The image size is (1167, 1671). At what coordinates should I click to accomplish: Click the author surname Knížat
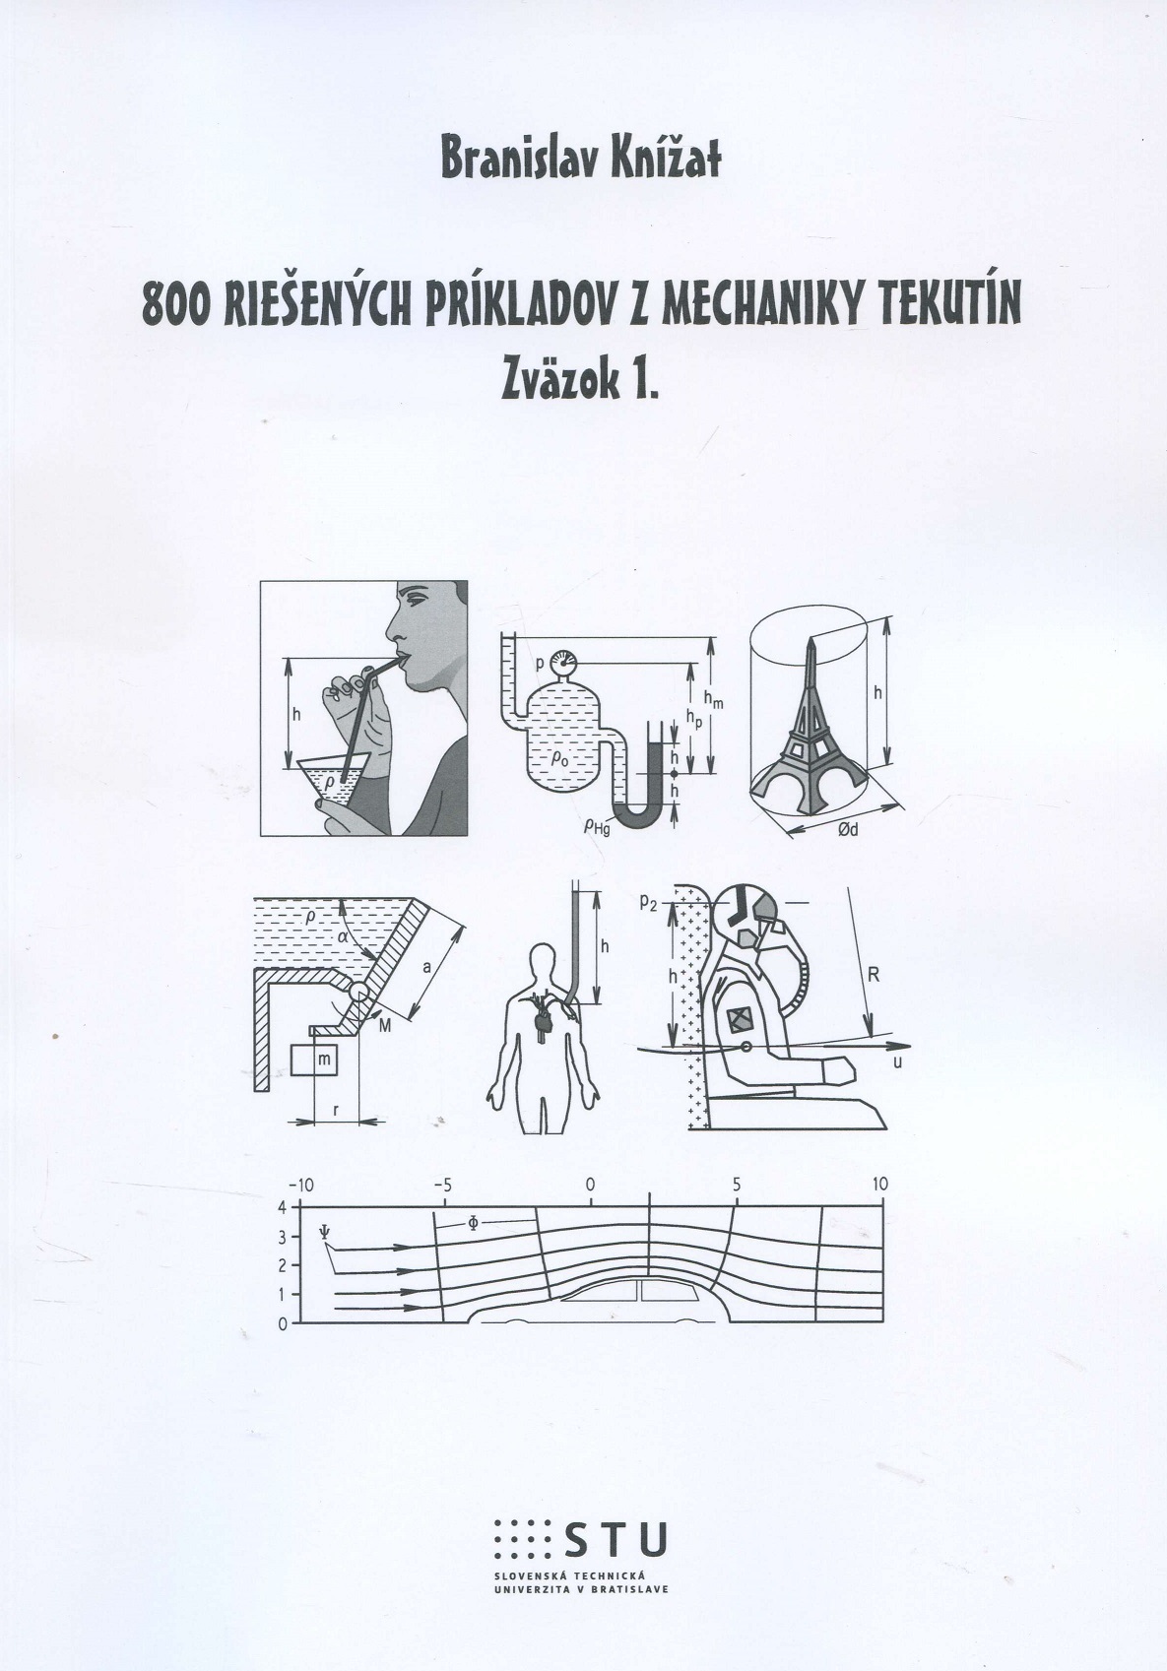pos(665,159)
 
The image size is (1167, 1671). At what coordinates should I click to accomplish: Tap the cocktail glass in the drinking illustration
pos(334,780)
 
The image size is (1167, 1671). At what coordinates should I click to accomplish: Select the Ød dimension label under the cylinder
pos(848,829)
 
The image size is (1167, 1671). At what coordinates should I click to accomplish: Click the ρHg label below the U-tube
pos(596,826)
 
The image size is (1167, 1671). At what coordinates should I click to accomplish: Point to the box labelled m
pos(313,1060)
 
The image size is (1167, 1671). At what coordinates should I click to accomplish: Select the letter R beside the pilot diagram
pos(875,973)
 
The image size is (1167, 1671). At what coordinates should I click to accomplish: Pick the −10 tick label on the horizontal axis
pos(300,1184)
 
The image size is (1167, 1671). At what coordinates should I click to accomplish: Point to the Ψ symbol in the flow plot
pos(323,1232)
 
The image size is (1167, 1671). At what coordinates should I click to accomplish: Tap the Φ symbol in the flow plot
pos(473,1223)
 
